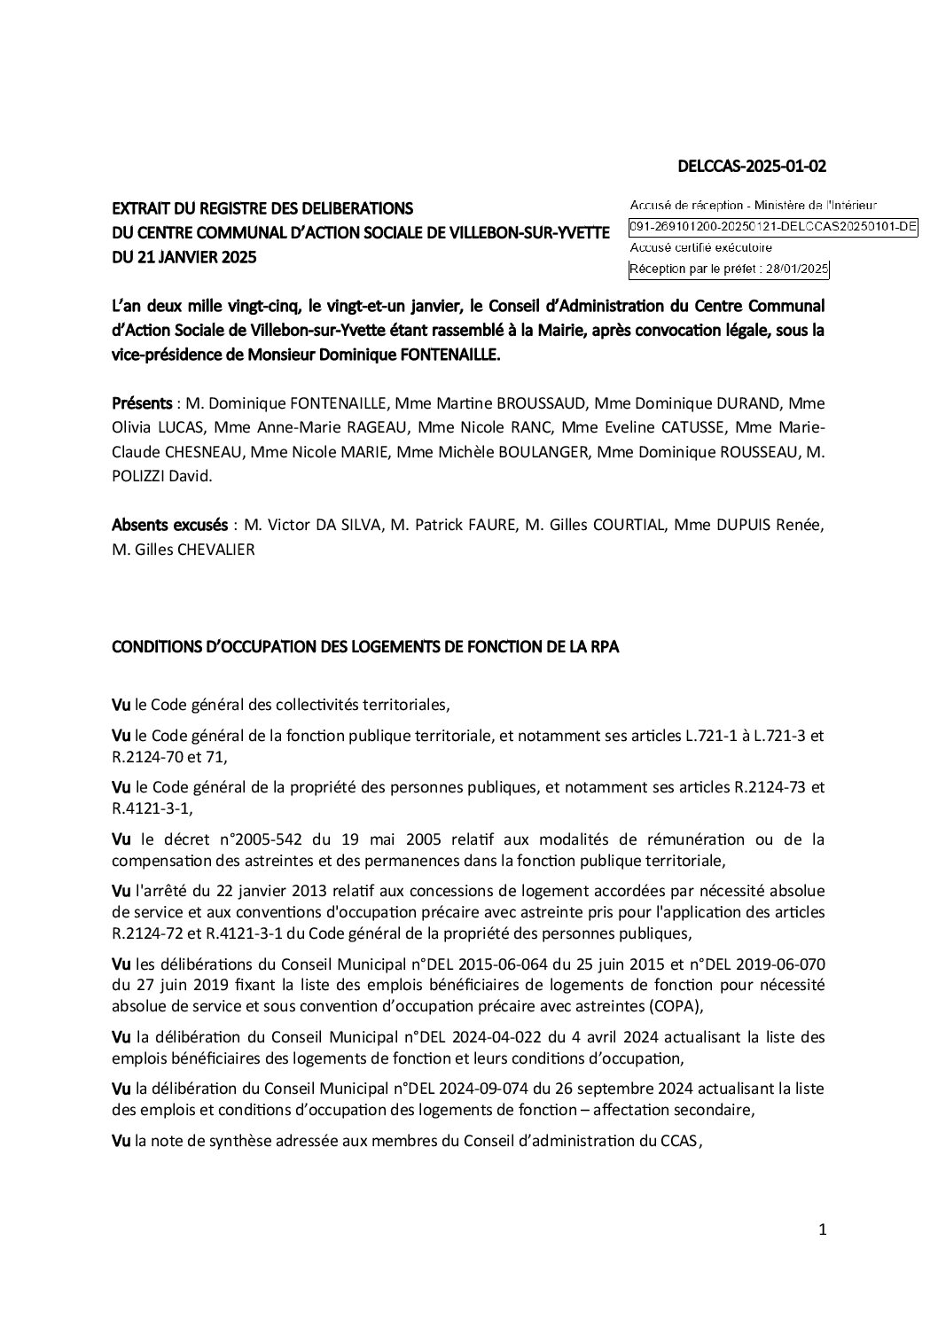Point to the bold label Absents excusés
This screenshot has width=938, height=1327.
click(x=169, y=526)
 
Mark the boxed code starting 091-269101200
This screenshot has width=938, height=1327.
click(x=773, y=227)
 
